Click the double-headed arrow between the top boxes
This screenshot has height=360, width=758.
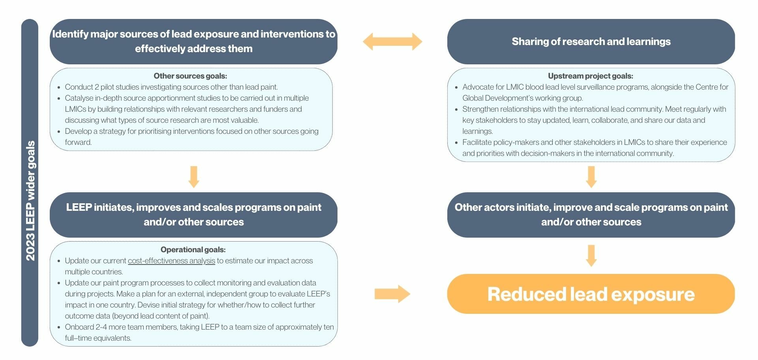click(x=392, y=41)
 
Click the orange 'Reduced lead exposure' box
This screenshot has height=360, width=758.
click(x=591, y=294)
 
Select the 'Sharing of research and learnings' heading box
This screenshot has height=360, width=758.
click(x=591, y=41)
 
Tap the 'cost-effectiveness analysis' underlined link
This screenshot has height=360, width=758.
click(x=171, y=261)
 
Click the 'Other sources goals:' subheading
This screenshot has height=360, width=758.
click(x=190, y=76)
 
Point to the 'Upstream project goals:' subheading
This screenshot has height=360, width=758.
click(x=591, y=76)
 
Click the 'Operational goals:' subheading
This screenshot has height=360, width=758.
click(x=193, y=249)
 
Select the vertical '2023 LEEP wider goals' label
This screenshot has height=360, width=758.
click(x=30, y=201)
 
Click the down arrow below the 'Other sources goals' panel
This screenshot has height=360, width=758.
click(x=194, y=177)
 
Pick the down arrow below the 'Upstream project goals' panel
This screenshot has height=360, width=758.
click(x=591, y=177)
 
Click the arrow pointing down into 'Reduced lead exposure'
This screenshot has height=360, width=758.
click(x=591, y=256)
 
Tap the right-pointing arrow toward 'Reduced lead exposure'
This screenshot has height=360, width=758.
click(x=392, y=294)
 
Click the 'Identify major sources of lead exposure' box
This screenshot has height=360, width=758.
click(x=193, y=41)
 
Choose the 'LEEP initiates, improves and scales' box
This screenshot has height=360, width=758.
click(x=193, y=215)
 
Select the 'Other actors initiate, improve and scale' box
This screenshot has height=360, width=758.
click(x=591, y=215)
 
